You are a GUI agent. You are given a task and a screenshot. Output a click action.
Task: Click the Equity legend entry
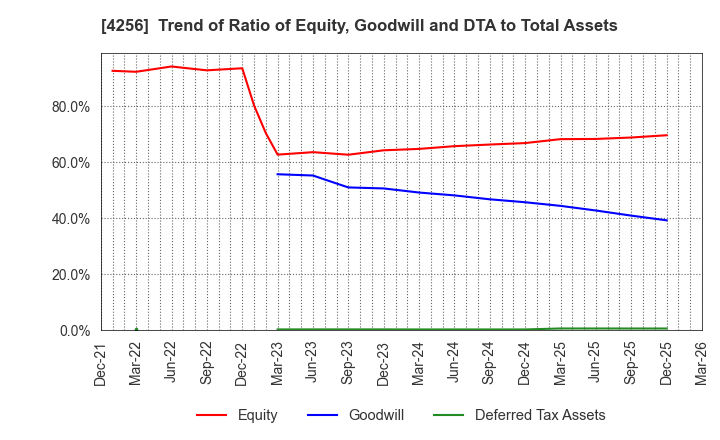click(236, 415)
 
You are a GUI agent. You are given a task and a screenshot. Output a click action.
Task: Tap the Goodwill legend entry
click(350, 415)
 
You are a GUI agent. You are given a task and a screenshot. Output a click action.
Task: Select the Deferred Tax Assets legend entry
click(518, 415)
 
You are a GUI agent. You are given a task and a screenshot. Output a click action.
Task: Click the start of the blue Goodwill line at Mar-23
click(277, 174)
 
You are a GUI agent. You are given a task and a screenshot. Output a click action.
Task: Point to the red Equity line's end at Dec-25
click(666, 135)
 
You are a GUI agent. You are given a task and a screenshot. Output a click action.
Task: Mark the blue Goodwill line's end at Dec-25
click(666, 220)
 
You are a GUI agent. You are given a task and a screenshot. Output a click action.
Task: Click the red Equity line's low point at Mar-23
click(277, 154)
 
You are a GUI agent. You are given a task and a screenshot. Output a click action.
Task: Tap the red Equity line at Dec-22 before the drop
click(242, 68)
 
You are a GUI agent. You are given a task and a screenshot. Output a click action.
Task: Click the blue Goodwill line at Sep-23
click(348, 187)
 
